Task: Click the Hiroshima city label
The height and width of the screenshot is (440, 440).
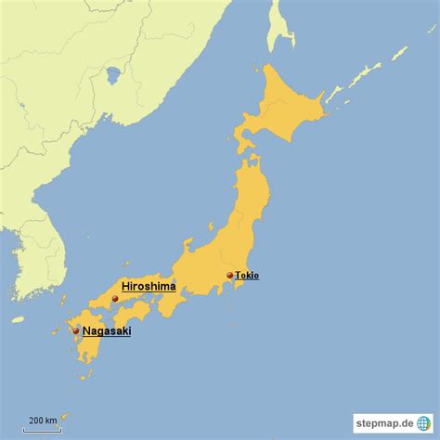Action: (x=148, y=287)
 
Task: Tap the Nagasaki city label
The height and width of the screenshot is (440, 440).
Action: (x=106, y=330)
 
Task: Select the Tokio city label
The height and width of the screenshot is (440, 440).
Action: (x=247, y=275)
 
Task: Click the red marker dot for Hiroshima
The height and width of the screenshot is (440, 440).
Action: (x=115, y=298)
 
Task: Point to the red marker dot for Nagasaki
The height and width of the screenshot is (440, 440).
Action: (x=76, y=330)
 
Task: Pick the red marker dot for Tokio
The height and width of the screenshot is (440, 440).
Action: (x=229, y=275)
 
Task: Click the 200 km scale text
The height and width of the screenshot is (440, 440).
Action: (x=42, y=421)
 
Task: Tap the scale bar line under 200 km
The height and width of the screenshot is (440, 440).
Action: (x=42, y=429)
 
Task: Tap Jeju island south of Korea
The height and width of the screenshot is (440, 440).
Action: (x=18, y=319)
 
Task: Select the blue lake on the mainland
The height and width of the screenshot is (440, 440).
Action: (x=113, y=73)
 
